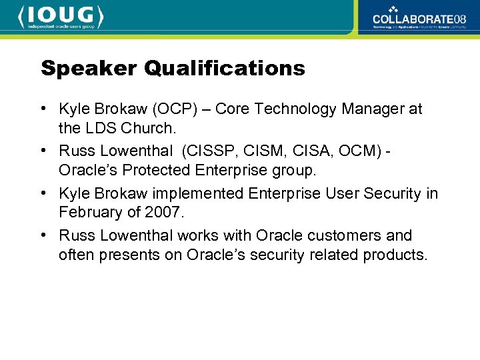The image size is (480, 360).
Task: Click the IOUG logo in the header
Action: click(61, 16)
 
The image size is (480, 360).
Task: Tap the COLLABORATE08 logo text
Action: click(419, 19)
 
